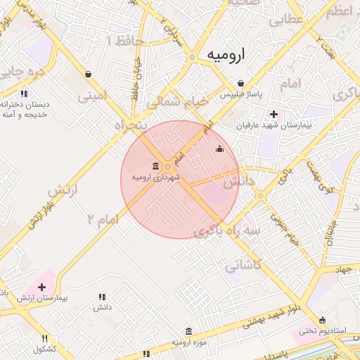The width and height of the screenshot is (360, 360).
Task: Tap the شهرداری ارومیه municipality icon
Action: pyautogui.click(x=155, y=166)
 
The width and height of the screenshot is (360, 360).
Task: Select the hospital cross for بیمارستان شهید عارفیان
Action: pyautogui.click(x=274, y=114)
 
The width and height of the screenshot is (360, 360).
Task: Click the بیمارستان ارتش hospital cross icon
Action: pyautogui.click(x=42, y=287)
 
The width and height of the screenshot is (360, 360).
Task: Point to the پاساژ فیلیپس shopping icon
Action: pyautogui.click(x=240, y=83)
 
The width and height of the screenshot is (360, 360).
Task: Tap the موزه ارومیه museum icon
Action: pyautogui.click(x=188, y=331)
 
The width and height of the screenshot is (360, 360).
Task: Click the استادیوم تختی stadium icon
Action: pyautogui.click(x=323, y=320)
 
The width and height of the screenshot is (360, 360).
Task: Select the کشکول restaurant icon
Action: pyautogui.click(x=45, y=338)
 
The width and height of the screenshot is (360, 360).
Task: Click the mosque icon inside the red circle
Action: pyautogui.click(x=220, y=148)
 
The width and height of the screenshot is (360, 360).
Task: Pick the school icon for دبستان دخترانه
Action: pyautogui.click(x=24, y=93)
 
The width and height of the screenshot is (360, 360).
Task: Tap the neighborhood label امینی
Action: pyautogui.click(x=94, y=94)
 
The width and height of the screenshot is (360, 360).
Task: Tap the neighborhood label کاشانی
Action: pyautogui.click(x=243, y=266)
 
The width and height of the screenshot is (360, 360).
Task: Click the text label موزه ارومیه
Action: pyautogui.click(x=188, y=342)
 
